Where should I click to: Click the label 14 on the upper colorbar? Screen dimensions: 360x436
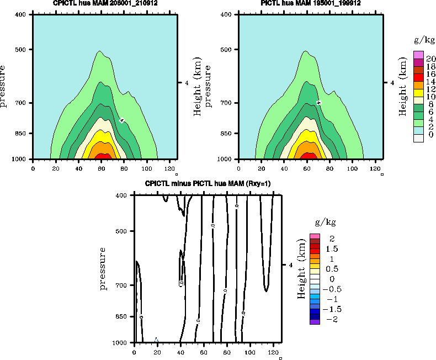click(432, 81)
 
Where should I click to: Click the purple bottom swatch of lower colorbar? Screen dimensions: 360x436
click(315, 321)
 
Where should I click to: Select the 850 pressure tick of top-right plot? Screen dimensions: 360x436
click(225, 134)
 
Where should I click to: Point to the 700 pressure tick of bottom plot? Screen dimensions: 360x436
click(122, 285)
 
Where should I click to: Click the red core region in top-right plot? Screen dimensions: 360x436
click(310, 156)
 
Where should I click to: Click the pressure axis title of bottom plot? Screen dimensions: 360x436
click(103, 269)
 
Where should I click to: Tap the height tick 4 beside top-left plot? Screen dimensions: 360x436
click(187, 83)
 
